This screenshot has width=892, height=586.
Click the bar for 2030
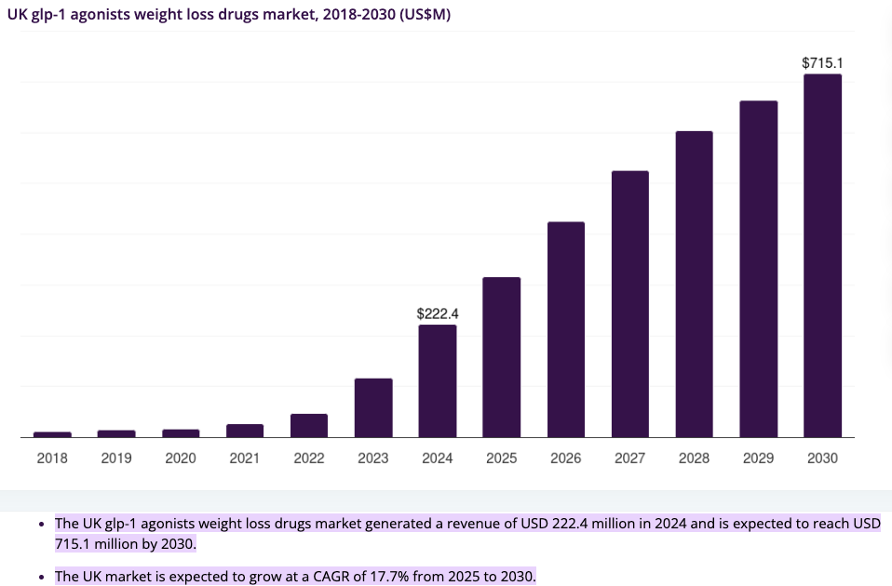click(822, 256)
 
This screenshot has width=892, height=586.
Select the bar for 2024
click(438, 380)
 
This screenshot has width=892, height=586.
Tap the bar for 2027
click(630, 304)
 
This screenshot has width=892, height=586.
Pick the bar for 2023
click(373, 407)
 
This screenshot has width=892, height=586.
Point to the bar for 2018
click(52, 433)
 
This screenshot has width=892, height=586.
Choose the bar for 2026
click(566, 329)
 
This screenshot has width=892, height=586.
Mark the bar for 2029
click(759, 269)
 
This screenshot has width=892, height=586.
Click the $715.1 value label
click(822, 63)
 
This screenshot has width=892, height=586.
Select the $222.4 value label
click(438, 314)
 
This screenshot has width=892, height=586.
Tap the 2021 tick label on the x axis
click(245, 459)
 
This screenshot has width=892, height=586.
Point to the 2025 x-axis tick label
click(502, 459)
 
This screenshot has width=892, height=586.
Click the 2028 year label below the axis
click(695, 459)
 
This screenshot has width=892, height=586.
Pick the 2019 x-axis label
click(116, 459)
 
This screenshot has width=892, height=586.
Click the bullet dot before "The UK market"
click(40, 578)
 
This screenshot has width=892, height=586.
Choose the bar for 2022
click(309, 425)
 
